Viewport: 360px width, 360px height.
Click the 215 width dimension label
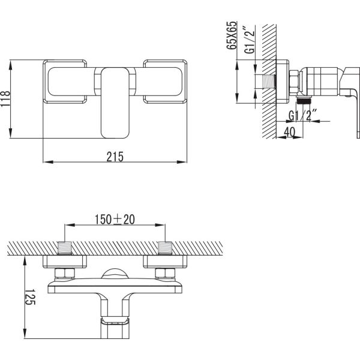pyautogui.click(x=115, y=157)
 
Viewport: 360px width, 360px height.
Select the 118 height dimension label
pyautogui.click(x=5, y=99)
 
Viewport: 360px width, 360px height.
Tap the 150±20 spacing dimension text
pyautogui.click(x=115, y=220)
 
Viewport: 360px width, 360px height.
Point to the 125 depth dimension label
pyautogui.click(x=29, y=297)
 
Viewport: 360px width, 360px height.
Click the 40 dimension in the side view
pyautogui.click(x=290, y=132)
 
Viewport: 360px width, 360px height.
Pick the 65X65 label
pyautogui.click(x=232, y=35)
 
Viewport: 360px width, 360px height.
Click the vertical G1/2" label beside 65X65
pyautogui.click(x=250, y=40)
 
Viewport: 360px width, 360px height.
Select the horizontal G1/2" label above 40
pyautogui.click(x=302, y=116)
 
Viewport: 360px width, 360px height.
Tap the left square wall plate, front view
pyautogui.click(x=65, y=82)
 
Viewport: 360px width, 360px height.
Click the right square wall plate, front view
pyautogui.click(x=165, y=82)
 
